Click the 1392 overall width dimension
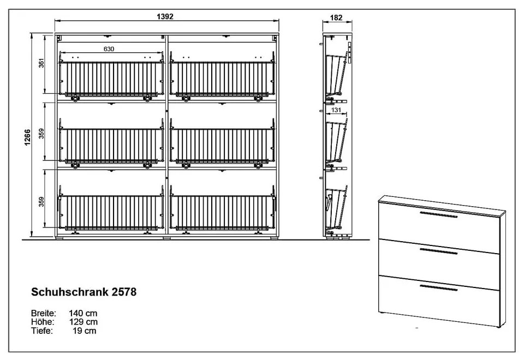pos(165,16)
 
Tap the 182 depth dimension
pos(336,17)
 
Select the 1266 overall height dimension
pos(27,137)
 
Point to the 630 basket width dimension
pos(109,49)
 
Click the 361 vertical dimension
pos(41,63)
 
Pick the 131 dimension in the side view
pos(336,110)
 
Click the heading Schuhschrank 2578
pos(84,292)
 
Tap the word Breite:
pos(44,313)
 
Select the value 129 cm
pos(83,322)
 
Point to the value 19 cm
pos(85,331)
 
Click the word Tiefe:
pos(42,331)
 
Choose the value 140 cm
pos(83,313)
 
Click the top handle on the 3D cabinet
pos(438,214)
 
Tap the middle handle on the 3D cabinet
pos(438,251)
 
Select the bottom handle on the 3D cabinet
pos(438,288)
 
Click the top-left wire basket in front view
pos(111,76)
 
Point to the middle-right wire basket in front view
pos(223,143)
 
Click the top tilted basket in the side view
pos(336,75)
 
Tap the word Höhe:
pos(43,322)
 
